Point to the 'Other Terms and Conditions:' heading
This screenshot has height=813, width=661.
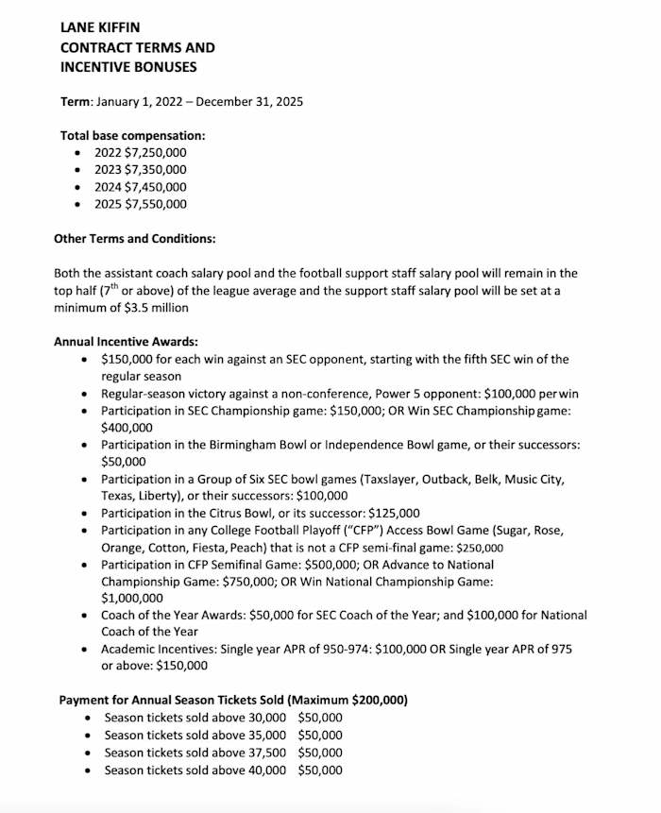click(134, 238)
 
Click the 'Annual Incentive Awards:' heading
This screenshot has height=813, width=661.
click(126, 342)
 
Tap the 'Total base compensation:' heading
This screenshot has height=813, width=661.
click(132, 135)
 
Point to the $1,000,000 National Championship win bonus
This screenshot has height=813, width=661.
click(132, 598)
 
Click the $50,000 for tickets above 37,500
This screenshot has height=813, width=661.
click(320, 753)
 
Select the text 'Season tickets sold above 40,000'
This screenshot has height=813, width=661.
click(195, 771)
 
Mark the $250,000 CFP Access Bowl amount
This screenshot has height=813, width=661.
click(480, 548)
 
